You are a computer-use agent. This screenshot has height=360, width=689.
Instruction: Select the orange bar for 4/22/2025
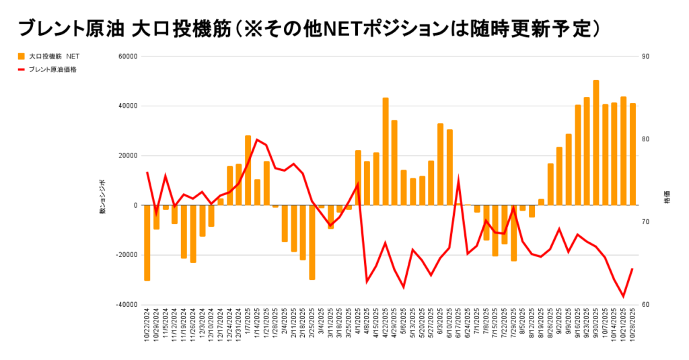386,151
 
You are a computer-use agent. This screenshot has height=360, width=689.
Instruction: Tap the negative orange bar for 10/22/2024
147,242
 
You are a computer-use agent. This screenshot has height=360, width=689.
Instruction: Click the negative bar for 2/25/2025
312,242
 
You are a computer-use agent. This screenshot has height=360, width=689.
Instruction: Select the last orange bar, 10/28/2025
632,154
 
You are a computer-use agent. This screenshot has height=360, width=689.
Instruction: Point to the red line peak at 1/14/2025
257,140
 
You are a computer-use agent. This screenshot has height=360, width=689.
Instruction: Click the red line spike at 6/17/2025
459,180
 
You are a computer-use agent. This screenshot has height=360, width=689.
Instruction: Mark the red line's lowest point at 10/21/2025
623,296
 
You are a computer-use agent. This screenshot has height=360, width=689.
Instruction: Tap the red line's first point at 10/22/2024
147,173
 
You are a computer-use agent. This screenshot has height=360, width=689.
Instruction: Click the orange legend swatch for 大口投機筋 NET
22,57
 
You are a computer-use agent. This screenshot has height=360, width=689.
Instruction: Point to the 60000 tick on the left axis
128,57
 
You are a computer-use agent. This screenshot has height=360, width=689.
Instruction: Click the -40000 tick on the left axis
126,305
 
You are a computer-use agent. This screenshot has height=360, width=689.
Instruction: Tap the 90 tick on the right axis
646,57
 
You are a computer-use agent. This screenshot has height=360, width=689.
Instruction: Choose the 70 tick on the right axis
646,222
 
